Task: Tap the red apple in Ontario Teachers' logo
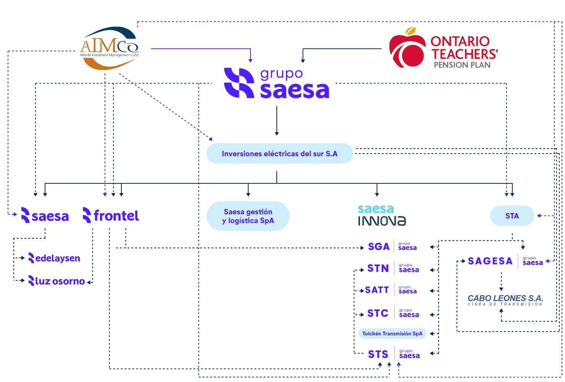[x=407, y=49]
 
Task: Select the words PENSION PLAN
[x=462, y=65]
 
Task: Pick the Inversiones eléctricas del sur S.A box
[x=279, y=154]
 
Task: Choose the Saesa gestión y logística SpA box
[x=248, y=216]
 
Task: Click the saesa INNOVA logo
[x=382, y=215]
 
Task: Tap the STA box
[x=512, y=216]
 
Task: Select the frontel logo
[x=111, y=216]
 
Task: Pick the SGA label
[x=379, y=247]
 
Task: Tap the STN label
[x=378, y=269]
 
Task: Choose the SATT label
[x=377, y=290]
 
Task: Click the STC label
[x=378, y=313]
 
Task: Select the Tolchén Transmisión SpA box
[x=392, y=333]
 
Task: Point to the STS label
[x=378, y=354]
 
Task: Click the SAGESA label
[x=490, y=261]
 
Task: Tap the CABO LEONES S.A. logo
[x=505, y=300]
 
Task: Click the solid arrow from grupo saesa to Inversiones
[x=277, y=120]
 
